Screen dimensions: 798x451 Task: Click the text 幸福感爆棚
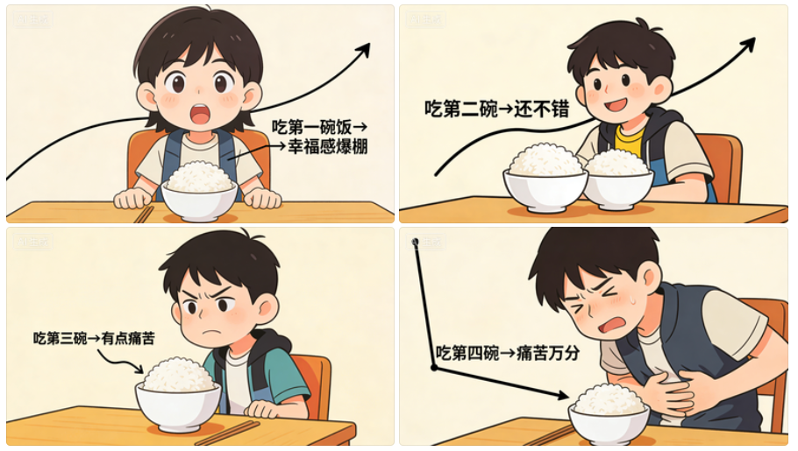click(327, 146)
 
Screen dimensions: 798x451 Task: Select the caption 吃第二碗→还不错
click(496, 109)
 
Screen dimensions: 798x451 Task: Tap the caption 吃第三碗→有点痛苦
click(94, 338)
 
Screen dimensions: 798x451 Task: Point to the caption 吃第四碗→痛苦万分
click(508, 352)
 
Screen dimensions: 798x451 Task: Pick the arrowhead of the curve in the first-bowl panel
click(363, 50)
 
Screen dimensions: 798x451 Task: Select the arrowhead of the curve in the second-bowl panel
click(747, 45)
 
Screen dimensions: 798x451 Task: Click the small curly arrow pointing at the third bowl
click(120, 360)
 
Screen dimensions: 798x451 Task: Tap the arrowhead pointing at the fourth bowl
click(562, 395)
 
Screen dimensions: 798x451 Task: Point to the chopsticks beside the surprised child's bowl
click(143, 215)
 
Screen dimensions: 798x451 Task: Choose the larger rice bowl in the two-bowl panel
click(545, 178)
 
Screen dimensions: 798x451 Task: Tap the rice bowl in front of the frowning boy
click(178, 394)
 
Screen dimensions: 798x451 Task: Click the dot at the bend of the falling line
click(434, 367)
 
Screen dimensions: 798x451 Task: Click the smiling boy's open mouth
click(616, 106)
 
